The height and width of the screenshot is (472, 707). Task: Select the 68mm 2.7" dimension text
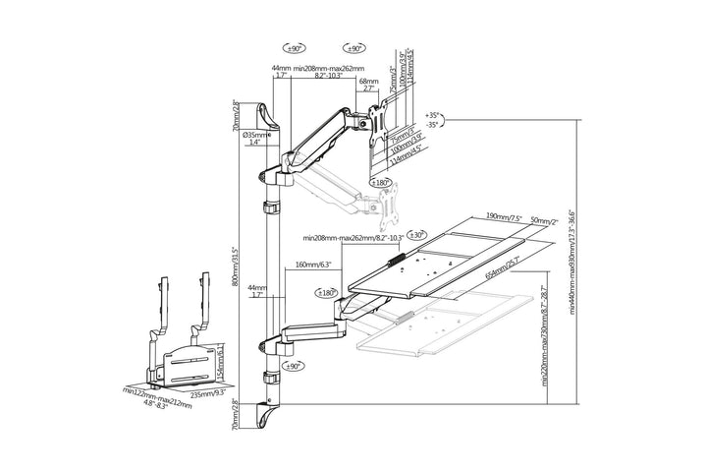368,85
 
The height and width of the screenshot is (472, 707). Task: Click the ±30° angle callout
416,236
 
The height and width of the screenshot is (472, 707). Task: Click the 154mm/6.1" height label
223,361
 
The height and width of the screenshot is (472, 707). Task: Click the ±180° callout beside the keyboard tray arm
326,292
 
